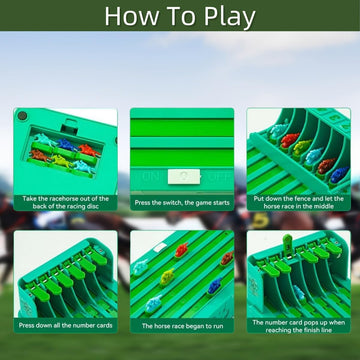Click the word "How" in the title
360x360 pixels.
(136, 15)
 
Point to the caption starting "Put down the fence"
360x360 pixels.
(297, 205)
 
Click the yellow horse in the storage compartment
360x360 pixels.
(61, 163)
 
